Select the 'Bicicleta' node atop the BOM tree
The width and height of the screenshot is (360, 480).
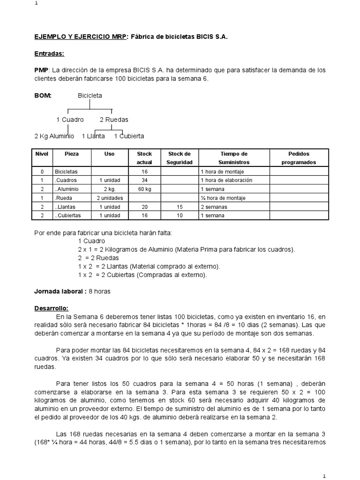tap(90, 95)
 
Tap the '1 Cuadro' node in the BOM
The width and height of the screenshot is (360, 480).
tap(70, 120)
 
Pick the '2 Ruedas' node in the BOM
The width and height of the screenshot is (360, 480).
tap(114, 120)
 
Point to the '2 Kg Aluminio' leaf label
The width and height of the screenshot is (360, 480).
tap(54, 136)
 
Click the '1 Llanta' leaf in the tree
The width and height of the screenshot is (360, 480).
tap(93, 136)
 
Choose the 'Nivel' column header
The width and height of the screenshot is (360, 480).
tap(42, 154)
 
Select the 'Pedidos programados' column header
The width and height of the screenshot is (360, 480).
tap(299, 158)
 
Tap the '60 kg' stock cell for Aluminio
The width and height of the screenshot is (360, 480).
tap(144, 189)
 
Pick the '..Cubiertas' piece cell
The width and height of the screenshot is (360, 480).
tap(68, 215)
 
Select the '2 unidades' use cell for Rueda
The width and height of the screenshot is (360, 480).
tap(109, 198)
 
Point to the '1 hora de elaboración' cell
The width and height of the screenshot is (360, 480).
tap(226, 180)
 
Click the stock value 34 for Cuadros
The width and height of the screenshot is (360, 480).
tap(144, 180)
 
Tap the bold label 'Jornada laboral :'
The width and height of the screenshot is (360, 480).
tap(60, 291)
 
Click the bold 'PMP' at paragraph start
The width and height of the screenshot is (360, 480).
tap(41, 70)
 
